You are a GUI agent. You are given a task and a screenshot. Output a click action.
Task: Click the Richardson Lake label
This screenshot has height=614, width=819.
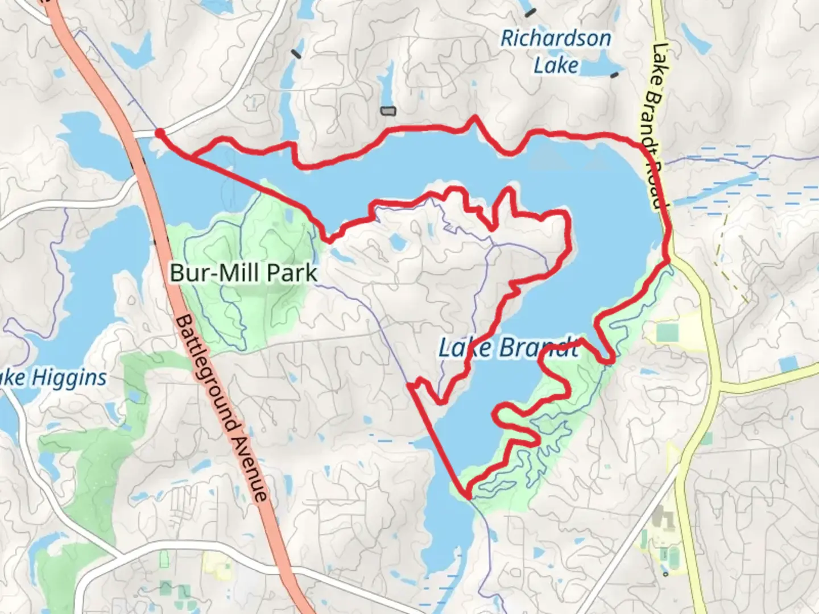556,52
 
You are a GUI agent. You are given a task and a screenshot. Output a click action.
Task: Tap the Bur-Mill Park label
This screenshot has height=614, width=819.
243,273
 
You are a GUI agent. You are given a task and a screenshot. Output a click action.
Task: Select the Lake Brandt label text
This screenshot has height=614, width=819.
508,347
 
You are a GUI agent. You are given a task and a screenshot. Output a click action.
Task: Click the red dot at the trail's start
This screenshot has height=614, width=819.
160,133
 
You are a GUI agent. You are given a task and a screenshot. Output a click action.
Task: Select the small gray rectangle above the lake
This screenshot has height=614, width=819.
388,111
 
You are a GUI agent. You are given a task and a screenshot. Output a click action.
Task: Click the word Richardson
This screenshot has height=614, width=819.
556,39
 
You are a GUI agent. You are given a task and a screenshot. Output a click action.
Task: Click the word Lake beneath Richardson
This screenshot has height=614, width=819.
556,65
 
